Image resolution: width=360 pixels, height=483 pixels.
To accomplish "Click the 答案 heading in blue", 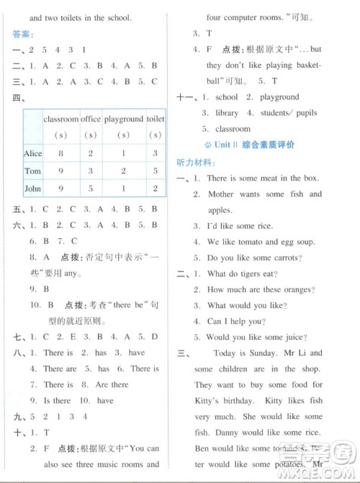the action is (x=23, y=34).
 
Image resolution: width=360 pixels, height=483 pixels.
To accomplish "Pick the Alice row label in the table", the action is (x=33, y=153).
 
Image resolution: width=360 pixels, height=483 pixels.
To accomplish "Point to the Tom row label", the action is (x=32, y=171).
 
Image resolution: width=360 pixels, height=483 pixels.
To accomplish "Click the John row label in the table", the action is (x=33, y=189).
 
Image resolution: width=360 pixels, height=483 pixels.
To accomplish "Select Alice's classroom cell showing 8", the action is (x=61, y=153).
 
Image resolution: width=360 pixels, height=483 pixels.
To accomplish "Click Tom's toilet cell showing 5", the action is (x=156, y=171).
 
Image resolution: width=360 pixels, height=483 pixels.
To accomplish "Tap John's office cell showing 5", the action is (x=91, y=189).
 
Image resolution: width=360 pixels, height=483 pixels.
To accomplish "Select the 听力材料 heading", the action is (x=195, y=162).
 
